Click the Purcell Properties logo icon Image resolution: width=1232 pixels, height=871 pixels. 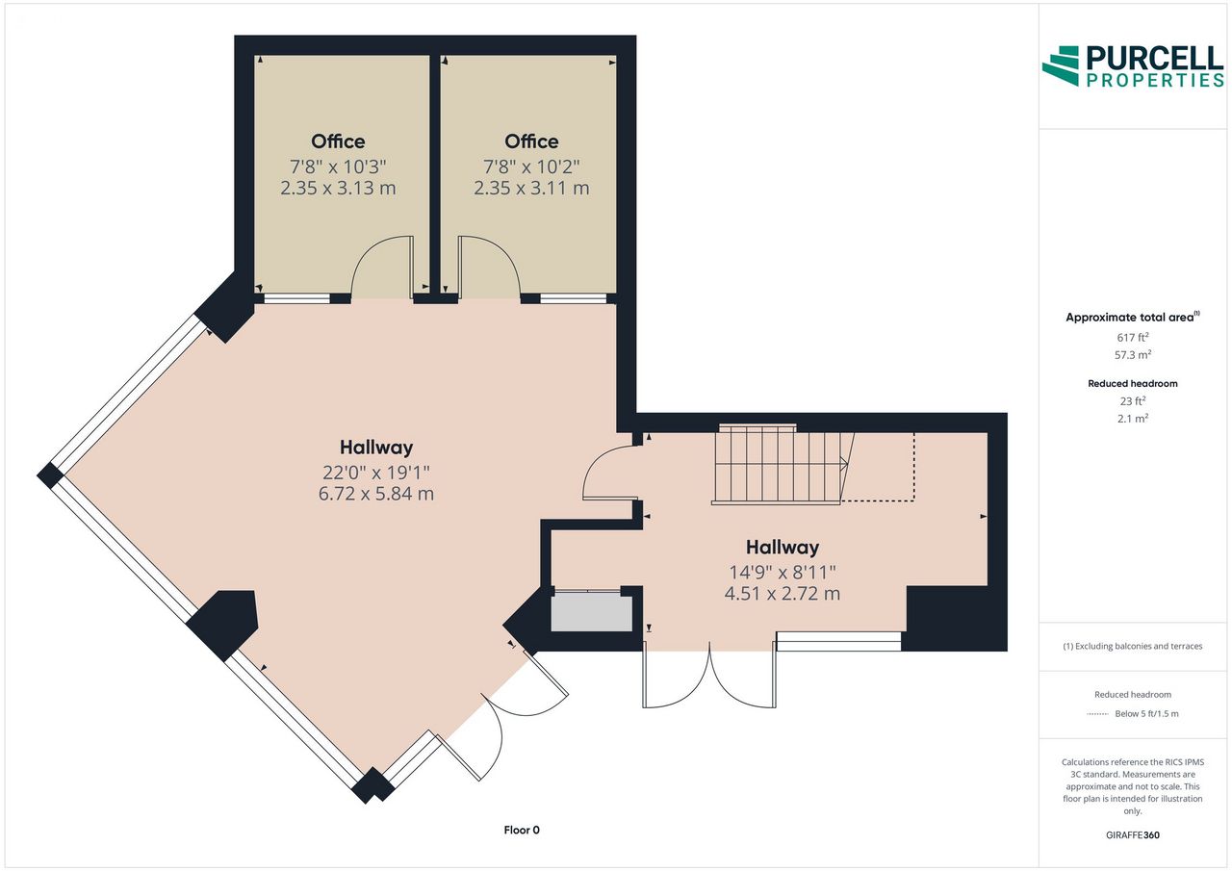pyautogui.click(x=1061, y=66)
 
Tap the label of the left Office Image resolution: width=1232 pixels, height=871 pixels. pyautogui.click(x=338, y=141)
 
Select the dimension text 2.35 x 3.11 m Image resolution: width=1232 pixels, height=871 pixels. pyautogui.click(x=531, y=188)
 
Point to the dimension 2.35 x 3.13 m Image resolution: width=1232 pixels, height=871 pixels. pyautogui.click(x=338, y=188)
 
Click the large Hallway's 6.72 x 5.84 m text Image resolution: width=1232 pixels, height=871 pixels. pyautogui.click(x=376, y=493)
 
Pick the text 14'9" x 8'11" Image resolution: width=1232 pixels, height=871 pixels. pyautogui.click(x=783, y=573)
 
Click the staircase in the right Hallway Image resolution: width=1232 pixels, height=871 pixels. pyautogui.click(x=782, y=465)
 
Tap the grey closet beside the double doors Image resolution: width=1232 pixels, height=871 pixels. pyautogui.click(x=591, y=611)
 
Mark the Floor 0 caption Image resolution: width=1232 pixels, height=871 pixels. pyautogui.click(x=522, y=830)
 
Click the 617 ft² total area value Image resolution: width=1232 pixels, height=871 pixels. pyautogui.click(x=1133, y=337)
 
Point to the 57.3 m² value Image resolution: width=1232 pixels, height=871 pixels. pyautogui.click(x=1133, y=355)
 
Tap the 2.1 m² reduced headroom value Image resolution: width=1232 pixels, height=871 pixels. pyautogui.click(x=1133, y=418)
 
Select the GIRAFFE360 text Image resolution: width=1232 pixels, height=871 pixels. pyautogui.click(x=1133, y=834)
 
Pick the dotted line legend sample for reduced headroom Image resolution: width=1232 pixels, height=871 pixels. pyautogui.click(x=1097, y=714)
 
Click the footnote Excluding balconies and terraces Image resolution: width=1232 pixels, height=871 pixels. pyautogui.click(x=1133, y=646)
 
